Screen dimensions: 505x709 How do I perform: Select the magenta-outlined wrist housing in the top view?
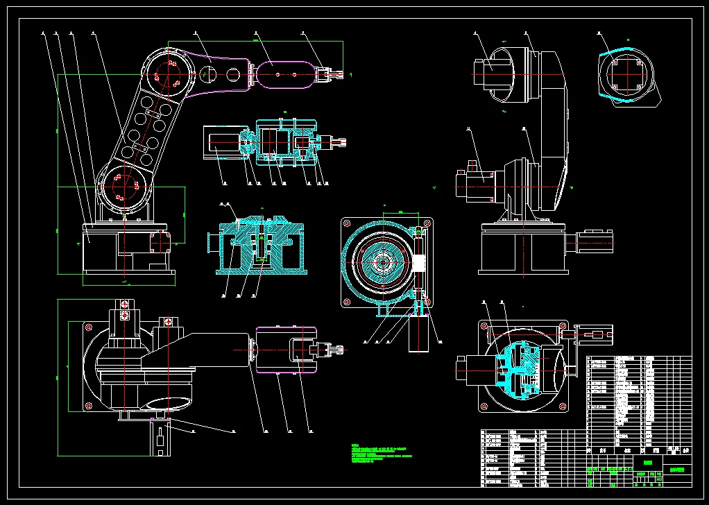click(286, 349)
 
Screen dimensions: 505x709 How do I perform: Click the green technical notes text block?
click(382, 454)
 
